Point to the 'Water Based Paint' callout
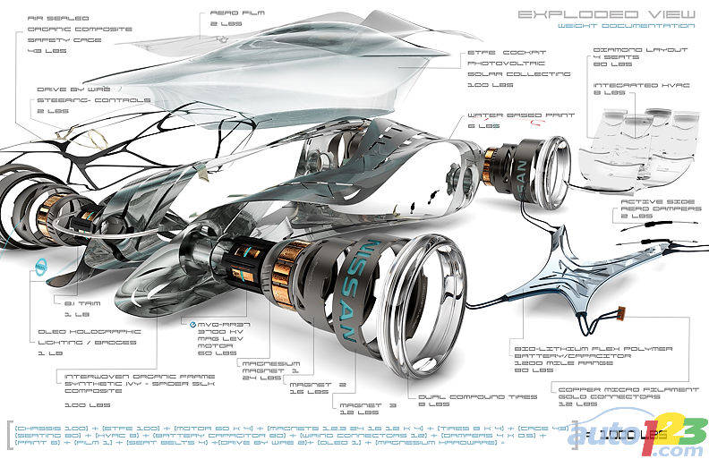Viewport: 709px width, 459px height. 497,121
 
